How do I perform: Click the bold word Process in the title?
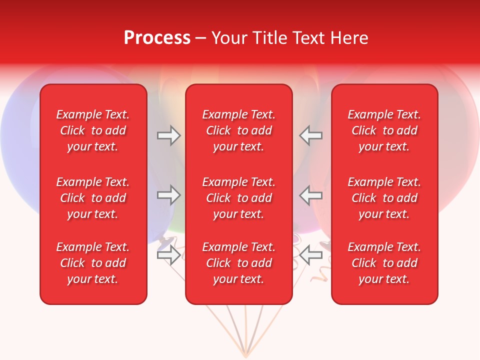(157, 38)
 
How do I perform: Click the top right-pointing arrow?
(168, 135)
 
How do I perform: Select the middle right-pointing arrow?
(168, 195)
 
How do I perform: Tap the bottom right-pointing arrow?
(168, 255)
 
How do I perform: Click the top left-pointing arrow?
(311, 135)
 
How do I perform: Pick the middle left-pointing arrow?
(311, 195)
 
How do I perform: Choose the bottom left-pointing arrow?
(311, 255)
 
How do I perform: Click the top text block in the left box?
(93, 130)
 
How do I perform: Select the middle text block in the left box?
(93, 198)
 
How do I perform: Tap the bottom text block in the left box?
(93, 263)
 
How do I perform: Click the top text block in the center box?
(238, 130)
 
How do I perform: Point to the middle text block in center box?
(238, 198)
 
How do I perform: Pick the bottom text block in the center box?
(238, 263)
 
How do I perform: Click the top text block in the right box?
(384, 130)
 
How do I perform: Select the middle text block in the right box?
(384, 198)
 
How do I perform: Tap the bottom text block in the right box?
(384, 263)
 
